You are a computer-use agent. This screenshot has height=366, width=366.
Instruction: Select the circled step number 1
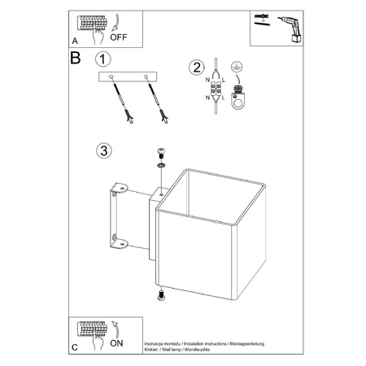102,59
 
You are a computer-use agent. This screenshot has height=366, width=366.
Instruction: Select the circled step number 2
196,68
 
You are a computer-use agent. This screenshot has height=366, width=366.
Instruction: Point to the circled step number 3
102,150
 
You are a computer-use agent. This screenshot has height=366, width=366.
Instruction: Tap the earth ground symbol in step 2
236,71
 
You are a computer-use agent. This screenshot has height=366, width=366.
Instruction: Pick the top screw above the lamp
161,153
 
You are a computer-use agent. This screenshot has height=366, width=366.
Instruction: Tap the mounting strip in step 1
130,76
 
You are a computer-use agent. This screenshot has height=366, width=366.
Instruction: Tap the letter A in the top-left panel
76,39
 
